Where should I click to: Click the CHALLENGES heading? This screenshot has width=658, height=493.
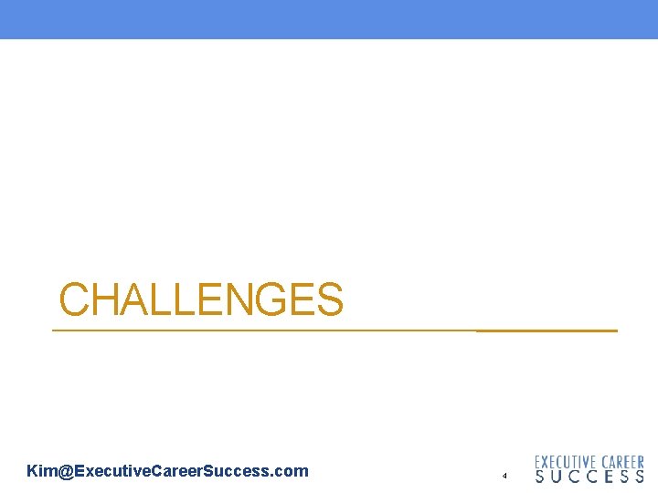pyautogui.click(x=201, y=299)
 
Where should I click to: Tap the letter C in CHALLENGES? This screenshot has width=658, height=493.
pyautogui.click(x=75, y=299)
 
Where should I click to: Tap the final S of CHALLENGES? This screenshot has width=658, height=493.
pyautogui.click(x=327, y=299)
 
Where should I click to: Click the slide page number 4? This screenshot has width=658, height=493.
pyautogui.click(x=504, y=476)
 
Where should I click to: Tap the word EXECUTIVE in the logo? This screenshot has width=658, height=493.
pyautogui.click(x=566, y=463)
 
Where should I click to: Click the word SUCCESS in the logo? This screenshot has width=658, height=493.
pyautogui.click(x=589, y=477)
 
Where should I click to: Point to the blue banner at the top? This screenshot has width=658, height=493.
pyautogui.click(x=329, y=19)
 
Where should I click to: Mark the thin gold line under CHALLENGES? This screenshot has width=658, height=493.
pyautogui.click(x=265, y=330)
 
